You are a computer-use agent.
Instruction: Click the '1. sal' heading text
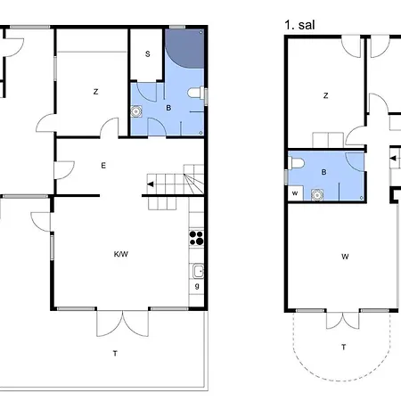[299, 25]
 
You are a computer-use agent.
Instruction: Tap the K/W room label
[121, 254]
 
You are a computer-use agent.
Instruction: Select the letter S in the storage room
[148, 54]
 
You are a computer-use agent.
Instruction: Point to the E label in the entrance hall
[103, 166]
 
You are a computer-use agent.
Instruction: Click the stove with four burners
[196, 238]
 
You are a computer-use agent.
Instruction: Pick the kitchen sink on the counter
[198, 271]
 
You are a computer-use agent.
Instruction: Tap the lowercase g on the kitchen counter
[197, 286]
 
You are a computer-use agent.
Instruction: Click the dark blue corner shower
[184, 48]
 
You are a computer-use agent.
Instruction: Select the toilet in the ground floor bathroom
[196, 93]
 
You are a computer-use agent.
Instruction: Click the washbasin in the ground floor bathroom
[136, 111]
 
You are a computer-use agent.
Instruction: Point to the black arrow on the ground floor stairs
[151, 184]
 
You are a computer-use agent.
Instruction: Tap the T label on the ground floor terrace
[115, 353]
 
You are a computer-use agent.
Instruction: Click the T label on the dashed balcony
[344, 347]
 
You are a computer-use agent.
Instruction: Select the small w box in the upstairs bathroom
[295, 193]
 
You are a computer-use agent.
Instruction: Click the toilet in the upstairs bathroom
[297, 163]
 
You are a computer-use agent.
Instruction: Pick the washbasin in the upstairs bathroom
[317, 195]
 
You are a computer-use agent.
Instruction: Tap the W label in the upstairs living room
[345, 257]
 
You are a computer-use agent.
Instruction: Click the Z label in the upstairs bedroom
[326, 95]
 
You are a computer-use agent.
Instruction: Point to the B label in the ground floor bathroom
[168, 108]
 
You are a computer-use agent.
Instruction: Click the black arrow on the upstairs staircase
[393, 159]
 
